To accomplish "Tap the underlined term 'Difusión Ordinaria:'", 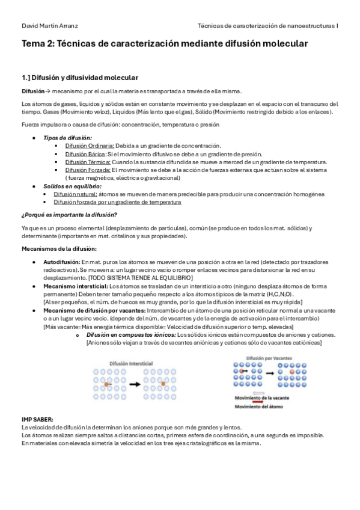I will (90, 146).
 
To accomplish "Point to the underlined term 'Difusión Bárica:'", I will (85, 154).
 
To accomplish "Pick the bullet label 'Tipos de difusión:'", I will (67, 138).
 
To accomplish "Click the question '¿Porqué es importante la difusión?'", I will (69, 215).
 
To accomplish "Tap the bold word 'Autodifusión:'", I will (61, 262).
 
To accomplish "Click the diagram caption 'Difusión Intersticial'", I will (132, 364).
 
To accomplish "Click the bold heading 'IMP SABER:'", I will (37, 419).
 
